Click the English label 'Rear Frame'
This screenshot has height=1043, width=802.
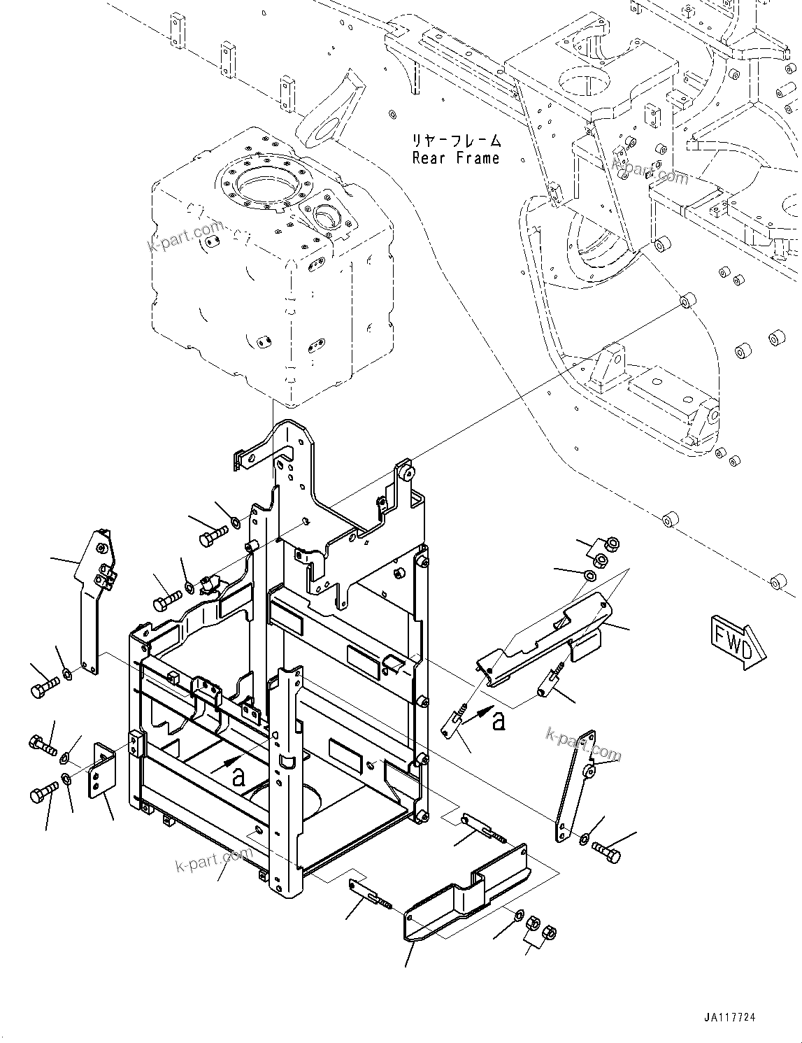(456, 158)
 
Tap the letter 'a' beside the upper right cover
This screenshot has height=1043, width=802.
(498, 721)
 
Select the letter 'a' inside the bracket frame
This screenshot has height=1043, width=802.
(239, 775)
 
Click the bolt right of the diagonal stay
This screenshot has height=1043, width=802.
(605, 851)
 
